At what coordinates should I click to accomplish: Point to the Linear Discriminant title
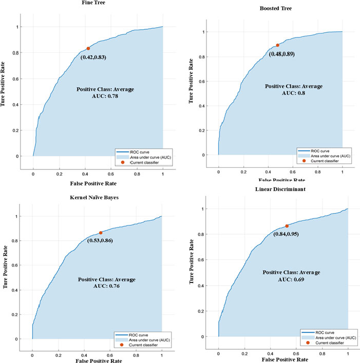(x=281, y=192)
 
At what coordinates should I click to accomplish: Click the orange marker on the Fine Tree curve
(x=88, y=48)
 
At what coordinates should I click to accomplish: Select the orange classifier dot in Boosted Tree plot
(x=278, y=45)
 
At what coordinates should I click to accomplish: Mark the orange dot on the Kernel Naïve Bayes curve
(x=101, y=233)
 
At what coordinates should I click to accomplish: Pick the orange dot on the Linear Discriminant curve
(x=287, y=226)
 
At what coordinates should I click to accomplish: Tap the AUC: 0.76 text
(x=107, y=287)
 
